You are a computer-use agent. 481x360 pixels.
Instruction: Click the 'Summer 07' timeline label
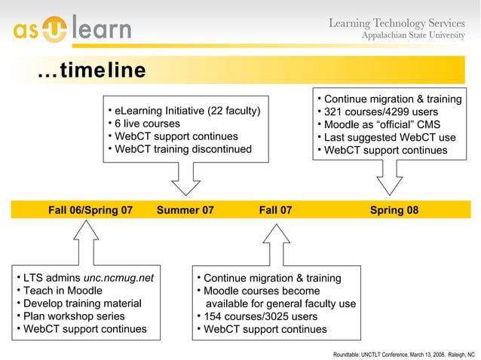click(185, 210)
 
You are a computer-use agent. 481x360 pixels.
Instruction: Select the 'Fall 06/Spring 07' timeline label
click(90, 210)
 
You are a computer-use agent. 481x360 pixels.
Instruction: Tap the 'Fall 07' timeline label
click(275, 210)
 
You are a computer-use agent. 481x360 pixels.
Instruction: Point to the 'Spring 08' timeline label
click(394, 210)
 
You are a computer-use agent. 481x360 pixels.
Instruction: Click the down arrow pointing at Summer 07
click(185, 178)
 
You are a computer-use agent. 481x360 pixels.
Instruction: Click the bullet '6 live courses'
click(147, 124)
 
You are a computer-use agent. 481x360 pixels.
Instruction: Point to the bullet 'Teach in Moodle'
click(62, 291)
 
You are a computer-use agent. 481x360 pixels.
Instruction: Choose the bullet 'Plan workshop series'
click(74, 316)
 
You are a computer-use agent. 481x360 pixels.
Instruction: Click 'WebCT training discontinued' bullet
click(182, 149)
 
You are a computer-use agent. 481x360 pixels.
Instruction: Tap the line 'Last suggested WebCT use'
click(390, 138)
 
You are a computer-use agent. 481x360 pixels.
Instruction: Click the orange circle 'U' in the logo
click(58, 29)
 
